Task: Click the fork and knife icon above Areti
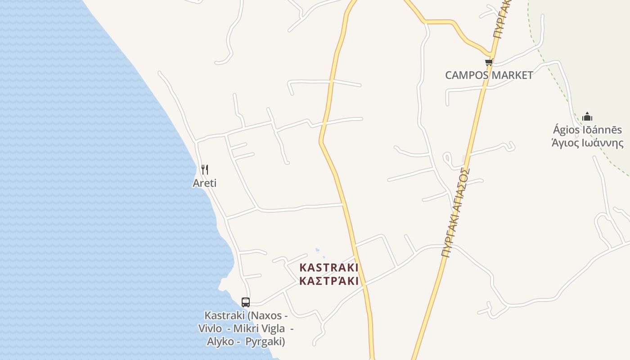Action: [x=205, y=170]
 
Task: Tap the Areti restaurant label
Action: [x=205, y=183]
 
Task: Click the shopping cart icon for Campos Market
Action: [x=489, y=63]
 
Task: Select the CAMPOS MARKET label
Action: [x=489, y=75]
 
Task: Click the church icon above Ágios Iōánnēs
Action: [x=587, y=117]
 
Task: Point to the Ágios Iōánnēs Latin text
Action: [x=587, y=130]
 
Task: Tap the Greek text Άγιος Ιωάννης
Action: [x=587, y=143]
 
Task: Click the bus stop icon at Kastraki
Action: [x=245, y=302]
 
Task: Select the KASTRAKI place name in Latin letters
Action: [x=329, y=268]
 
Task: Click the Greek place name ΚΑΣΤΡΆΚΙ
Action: [x=329, y=281]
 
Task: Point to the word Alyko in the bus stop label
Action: [x=220, y=342]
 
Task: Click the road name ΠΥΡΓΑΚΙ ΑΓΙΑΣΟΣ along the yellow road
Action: [x=456, y=212]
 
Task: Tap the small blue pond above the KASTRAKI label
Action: [x=317, y=250]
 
